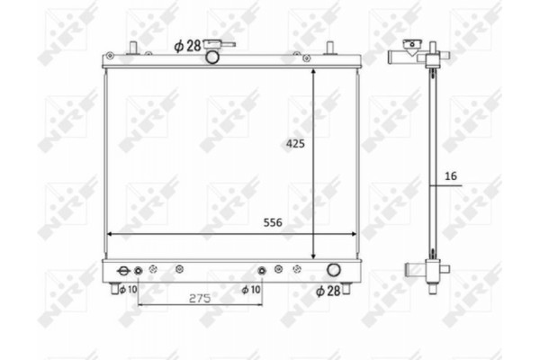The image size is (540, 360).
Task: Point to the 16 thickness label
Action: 450,177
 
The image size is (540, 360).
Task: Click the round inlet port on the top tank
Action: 213,58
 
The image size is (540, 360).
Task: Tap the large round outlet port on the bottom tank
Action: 333,269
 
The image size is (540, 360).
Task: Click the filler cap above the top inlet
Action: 215,43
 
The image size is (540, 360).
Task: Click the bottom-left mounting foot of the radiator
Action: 116,287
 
